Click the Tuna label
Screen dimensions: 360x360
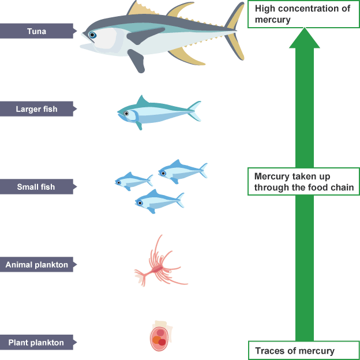click(x=36, y=31)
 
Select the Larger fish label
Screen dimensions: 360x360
click(x=36, y=108)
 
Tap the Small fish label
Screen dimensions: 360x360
click(x=36, y=187)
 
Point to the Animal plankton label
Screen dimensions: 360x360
click(x=36, y=265)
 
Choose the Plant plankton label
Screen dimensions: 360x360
click(x=36, y=343)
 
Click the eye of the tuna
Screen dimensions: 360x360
click(x=92, y=35)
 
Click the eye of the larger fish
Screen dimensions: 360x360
click(x=126, y=114)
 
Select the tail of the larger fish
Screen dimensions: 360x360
click(x=194, y=111)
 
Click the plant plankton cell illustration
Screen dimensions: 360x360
click(x=159, y=338)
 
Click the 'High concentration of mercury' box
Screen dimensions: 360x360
click(x=302, y=14)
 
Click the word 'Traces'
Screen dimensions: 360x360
click(x=269, y=351)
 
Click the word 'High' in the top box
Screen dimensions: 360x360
click(x=265, y=9)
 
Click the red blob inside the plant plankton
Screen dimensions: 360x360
click(x=162, y=342)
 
